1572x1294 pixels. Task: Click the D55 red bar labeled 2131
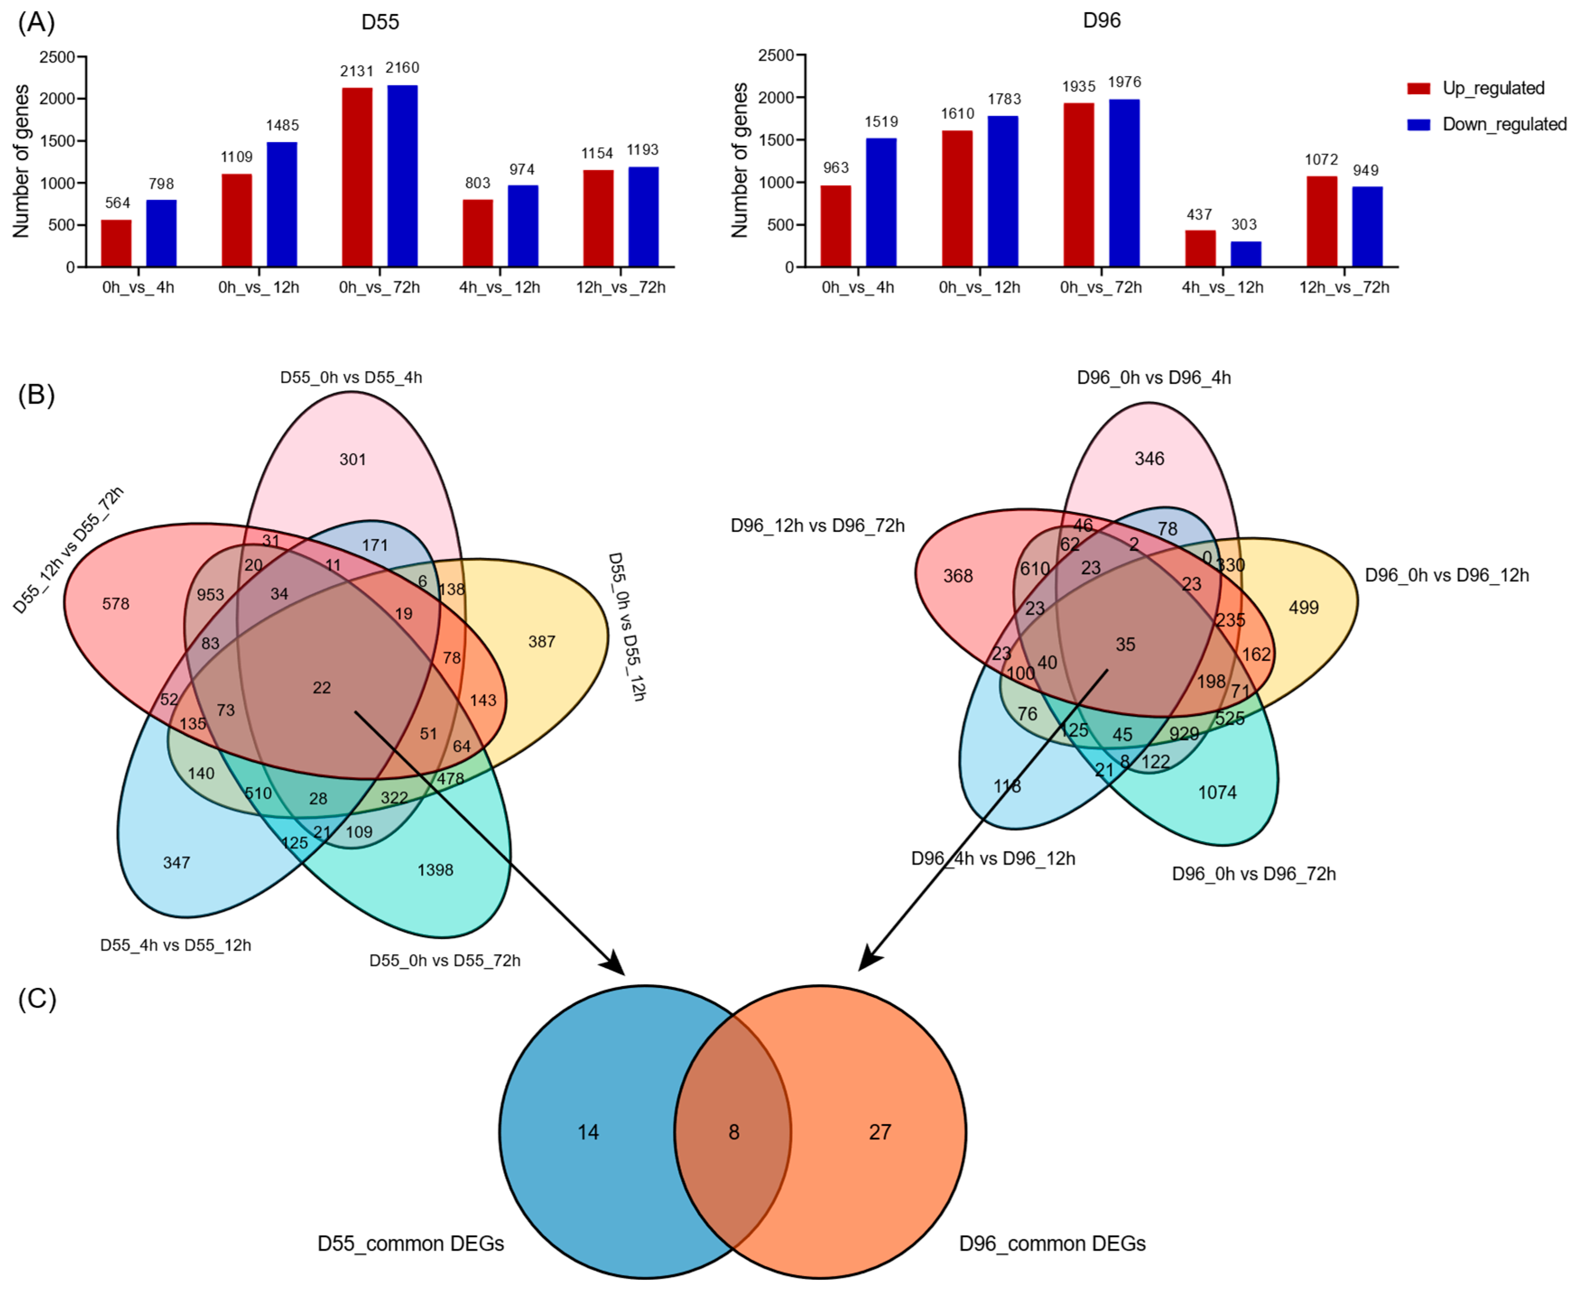pyautogui.click(x=357, y=177)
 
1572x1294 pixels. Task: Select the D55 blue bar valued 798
pyautogui.click(x=161, y=233)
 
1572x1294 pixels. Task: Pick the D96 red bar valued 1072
pyautogui.click(x=1321, y=221)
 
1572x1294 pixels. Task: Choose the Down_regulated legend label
pyautogui.click(x=1504, y=125)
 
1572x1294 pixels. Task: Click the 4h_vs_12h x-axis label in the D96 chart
pyautogui.click(x=1222, y=288)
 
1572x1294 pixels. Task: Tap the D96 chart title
pyautogui.click(x=1101, y=20)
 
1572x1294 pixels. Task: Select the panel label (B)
pyautogui.click(x=36, y=394)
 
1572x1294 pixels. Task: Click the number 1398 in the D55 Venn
pyautogui.click(x=435, y=870)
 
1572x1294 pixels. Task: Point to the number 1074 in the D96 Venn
pyautogui.click(x=1217, y=792)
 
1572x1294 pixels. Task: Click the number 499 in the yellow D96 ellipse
pyautogui.click(x=1303, y=608)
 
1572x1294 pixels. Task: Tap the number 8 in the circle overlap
pyautogui.click(x=734, y=1132)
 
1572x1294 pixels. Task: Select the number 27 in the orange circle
pyautogui.click(x=880, y=1132)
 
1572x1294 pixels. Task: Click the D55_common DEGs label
pyautogui.click(x=411, y=1244)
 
